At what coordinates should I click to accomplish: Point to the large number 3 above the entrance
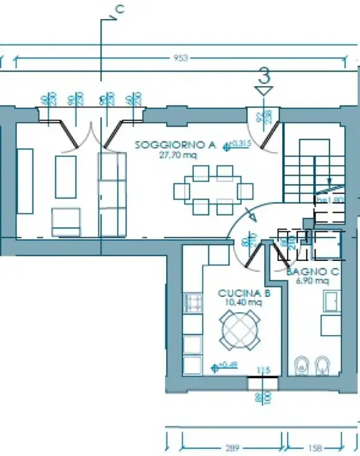tap(265, 75)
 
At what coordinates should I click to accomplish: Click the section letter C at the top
tap(119, 9)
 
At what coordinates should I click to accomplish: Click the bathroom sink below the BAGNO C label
tap(331, 301)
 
